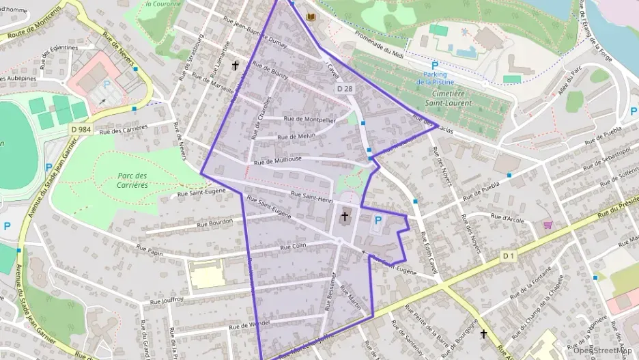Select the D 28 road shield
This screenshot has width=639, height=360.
345,89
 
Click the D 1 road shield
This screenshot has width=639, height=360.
507,255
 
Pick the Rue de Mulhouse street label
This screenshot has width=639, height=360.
277,161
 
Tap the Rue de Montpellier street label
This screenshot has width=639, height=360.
309,119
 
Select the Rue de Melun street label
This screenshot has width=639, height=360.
296,137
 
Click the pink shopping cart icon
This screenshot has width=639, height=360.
548,224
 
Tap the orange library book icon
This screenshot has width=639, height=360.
312,16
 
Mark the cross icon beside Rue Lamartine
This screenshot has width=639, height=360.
236,66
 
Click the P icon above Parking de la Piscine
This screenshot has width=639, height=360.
434,66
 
